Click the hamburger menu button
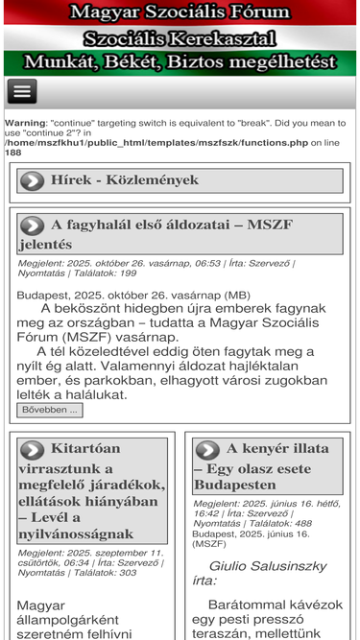tap(22, 91)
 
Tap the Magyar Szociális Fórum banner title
tap(180, 12)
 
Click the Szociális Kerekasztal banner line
tap(180, 38)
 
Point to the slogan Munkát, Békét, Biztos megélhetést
tap(180, 62)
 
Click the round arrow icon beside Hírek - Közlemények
tap(32, 179)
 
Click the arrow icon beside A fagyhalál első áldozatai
tap(32, 225)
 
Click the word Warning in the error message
tap(24, 123)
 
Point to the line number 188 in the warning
tap(12, 152)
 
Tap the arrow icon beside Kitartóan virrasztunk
tap(32, 449)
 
